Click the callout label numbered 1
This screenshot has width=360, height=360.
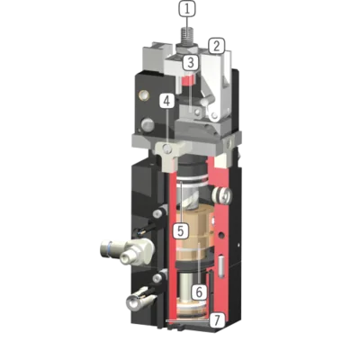(187, 9)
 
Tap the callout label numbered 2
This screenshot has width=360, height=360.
(217, 46)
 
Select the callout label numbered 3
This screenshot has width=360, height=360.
(191, 63)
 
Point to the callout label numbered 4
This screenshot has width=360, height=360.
(166, 101)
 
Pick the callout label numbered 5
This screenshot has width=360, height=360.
(181, 230)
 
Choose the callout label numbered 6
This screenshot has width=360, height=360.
(200, 292)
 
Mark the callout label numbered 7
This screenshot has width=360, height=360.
(217, 320)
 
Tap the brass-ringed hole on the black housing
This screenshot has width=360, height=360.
(143, 95)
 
